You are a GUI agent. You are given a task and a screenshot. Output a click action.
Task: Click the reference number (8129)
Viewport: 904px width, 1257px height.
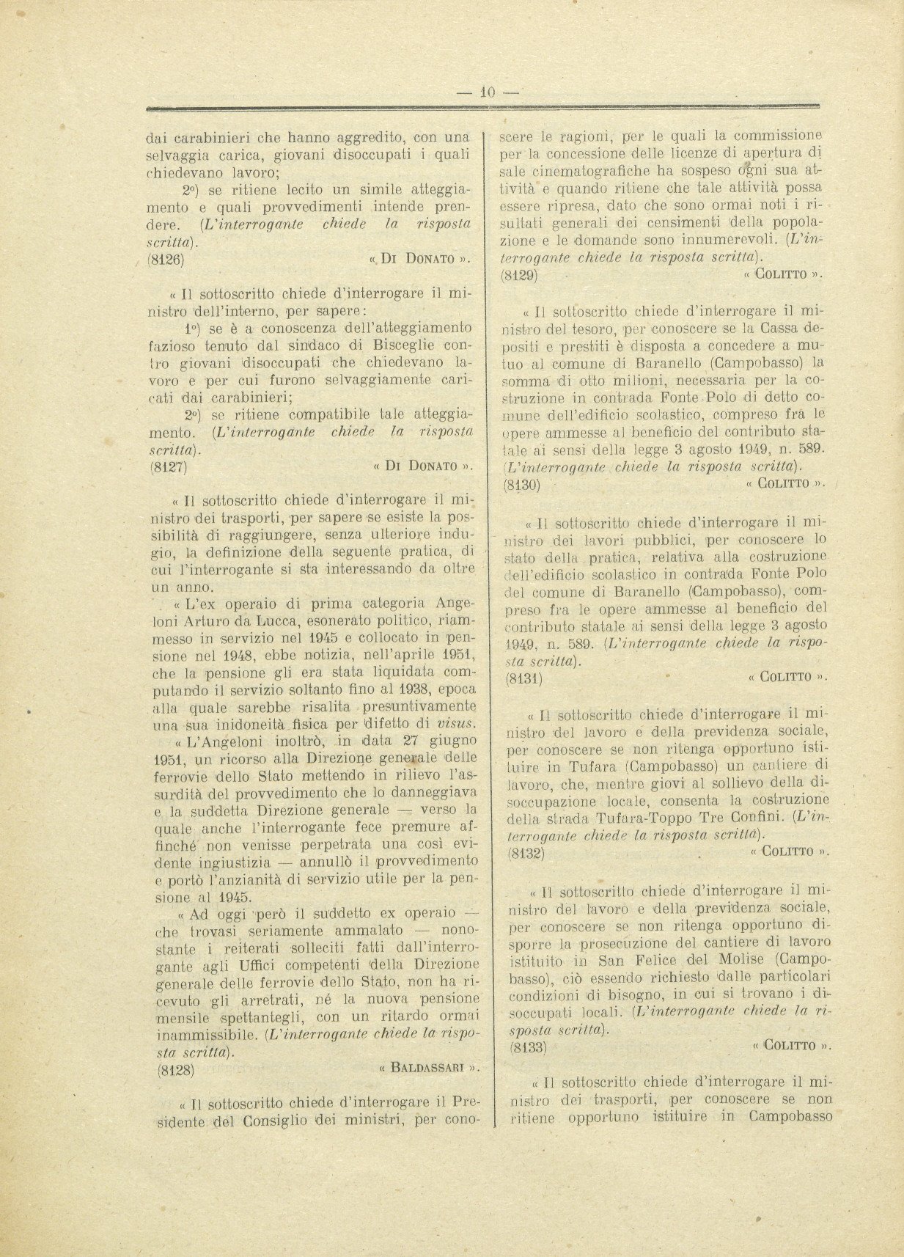(519, 276)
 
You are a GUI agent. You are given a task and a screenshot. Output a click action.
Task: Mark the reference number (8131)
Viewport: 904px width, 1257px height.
(523, 678)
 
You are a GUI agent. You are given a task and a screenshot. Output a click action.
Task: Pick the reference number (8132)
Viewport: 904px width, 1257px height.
(526, 852)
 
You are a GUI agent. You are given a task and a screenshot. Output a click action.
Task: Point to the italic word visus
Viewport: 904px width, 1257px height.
(457, 724)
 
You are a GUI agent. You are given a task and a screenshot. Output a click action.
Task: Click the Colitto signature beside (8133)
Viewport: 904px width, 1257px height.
(788, 1046)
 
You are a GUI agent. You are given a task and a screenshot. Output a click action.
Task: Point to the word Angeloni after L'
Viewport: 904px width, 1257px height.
(228, 741)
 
